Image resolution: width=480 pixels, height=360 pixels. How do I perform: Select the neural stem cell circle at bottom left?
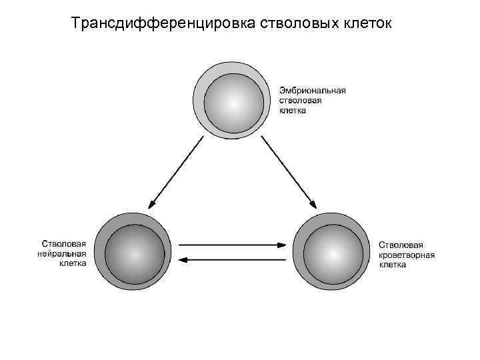click(x=133, y=252)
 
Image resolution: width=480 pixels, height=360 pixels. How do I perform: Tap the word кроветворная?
click(x=407, y=254)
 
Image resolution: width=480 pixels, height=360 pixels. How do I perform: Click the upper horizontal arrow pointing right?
click(x=232, y=245)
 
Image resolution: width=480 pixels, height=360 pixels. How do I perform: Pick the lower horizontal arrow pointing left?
click(x=232, y=259)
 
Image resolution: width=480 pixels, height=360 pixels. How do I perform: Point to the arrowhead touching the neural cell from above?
click(x=152, y=203)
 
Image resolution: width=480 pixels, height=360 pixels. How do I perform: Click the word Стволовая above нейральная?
click(x=64, y=244)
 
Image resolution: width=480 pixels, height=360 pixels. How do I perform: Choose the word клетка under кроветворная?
click(x=393, y=264)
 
